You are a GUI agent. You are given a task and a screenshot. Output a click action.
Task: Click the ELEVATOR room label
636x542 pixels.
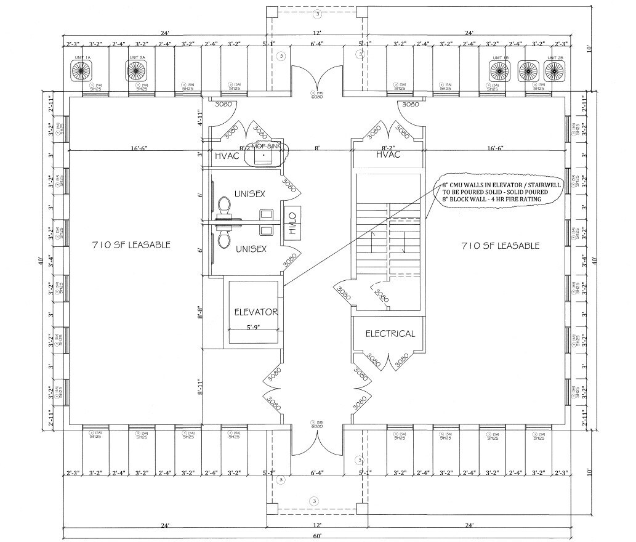coord(256,312)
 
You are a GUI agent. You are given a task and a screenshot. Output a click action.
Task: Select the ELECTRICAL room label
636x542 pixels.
coord(390,334)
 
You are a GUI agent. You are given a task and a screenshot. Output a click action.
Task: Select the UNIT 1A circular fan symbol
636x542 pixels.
coord(82,70)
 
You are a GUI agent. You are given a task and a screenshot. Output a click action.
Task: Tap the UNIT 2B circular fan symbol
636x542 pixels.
coord(554,70)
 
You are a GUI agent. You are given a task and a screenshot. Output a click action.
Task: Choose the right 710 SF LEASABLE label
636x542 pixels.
coord(500,245)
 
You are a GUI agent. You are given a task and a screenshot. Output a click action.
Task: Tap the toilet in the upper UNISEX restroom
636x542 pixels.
coord(224,206)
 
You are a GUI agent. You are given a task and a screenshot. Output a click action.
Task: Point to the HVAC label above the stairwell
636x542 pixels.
coord(388,155)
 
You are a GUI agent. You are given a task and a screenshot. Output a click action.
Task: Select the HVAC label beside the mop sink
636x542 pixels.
coord(226,156)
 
